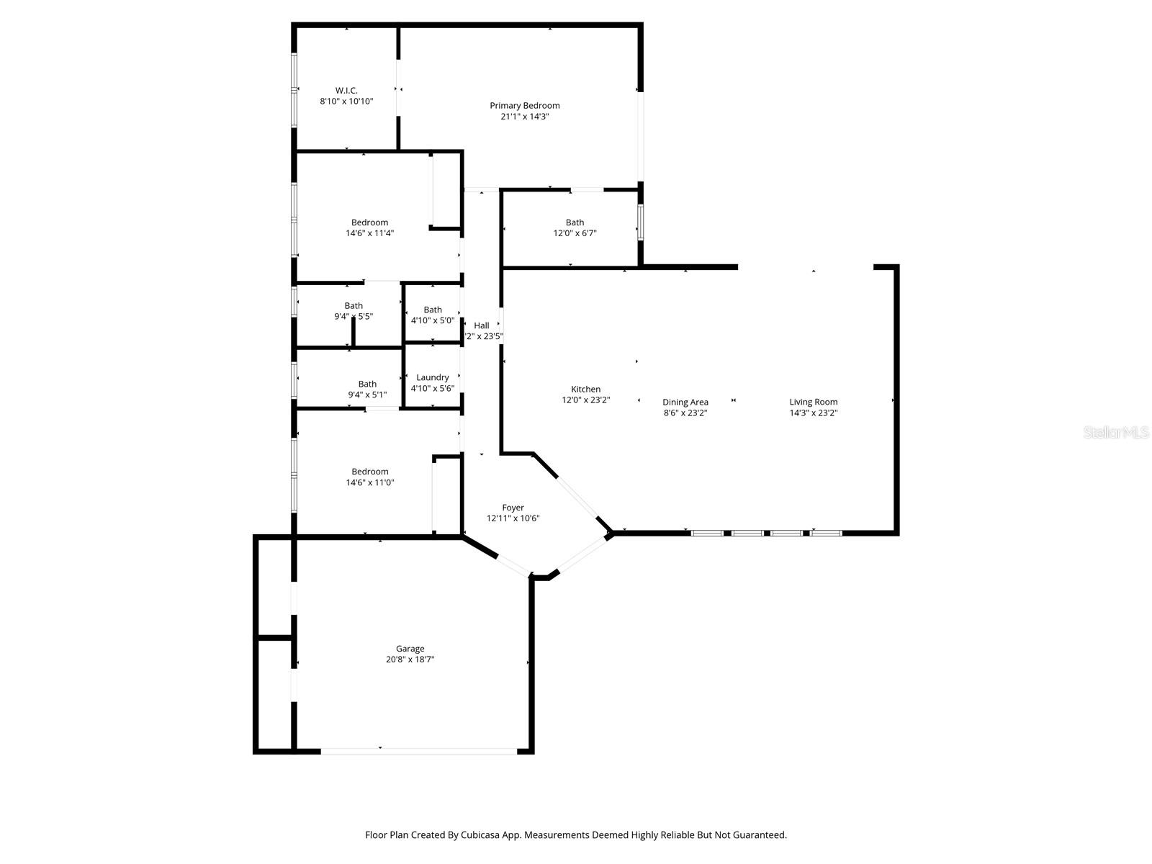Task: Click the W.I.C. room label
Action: coord(346,91)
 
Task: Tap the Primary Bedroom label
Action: coord(525,106)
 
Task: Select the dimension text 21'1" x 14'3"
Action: coord(525,117)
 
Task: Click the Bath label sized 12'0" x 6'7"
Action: coord(575,222)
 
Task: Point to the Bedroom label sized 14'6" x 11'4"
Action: coord(369,222)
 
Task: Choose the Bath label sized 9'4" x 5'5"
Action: coord(354,306)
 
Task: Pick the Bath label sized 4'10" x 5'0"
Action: coord(433,310)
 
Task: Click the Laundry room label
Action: coord(433,377)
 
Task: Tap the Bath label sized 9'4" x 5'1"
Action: coord(367,384)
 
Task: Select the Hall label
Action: coord(482,326)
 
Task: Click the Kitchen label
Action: coord(586,390)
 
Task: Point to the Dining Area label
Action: coord(685,402)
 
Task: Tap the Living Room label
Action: coord(814,402)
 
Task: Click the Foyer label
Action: coord(513,508)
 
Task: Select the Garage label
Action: coord(410,649)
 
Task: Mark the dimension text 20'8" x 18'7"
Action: coord(410,660)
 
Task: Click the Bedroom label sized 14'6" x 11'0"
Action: coord(369,472)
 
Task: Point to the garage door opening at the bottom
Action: coord(419,751)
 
